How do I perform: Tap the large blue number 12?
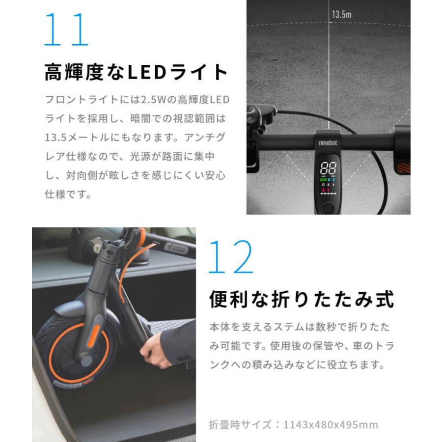click(x=230, y=257)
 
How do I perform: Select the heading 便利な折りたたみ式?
click(x=302, y=299)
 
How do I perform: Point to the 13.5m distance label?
click(x=341, y=14)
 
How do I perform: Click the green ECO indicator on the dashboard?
click(x=323, y=180)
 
